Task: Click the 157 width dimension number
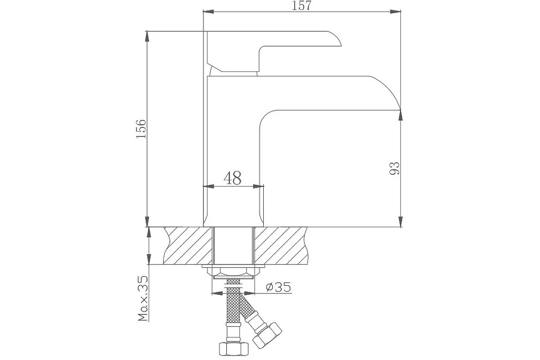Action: click(x=301, y=5)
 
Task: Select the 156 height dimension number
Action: click(x=141, y=129)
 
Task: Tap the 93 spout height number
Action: click(x=394, y=168)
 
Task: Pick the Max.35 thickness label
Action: click(x=143, y=298)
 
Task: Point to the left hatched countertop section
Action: click(x=188, y=245)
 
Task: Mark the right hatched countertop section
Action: click(x=281, y=245)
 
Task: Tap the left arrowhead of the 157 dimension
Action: click(x=208, y=12)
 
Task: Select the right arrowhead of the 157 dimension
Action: click(x=396, y=12)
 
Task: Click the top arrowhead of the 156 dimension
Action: click(x=147, y=36)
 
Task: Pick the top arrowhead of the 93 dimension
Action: click(x=400, y=115)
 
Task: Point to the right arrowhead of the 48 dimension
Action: click(x=258, y=186)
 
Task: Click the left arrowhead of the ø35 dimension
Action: click(x=217, y=293)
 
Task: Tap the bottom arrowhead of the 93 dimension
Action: click(x=400, y=221)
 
